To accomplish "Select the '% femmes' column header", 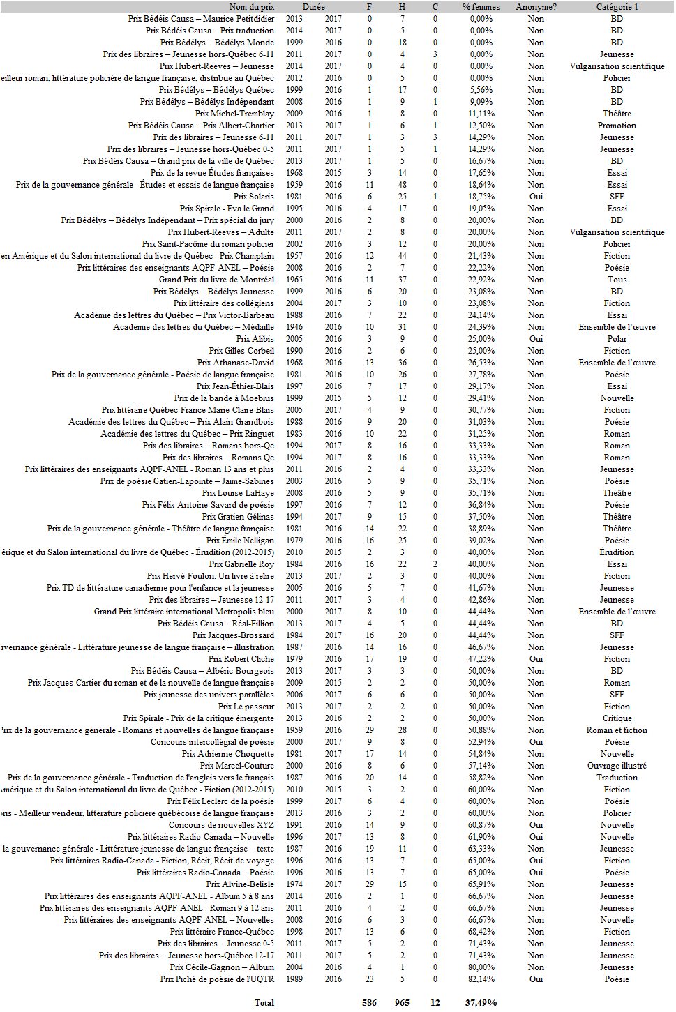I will point(481,7).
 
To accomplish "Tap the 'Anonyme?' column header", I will point(536,7).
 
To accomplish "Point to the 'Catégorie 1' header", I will point(617,7).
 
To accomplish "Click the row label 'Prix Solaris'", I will point(253,197).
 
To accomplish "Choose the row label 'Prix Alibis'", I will point(255,339).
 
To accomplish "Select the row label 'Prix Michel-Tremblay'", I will point(234,114).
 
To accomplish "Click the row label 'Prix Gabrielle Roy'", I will point(241,564).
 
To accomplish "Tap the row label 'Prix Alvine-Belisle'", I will point(240,884).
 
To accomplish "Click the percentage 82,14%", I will point(481,979).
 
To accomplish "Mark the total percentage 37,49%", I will point(481,1003).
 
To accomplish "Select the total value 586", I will point(369,1003).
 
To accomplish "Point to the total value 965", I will point(402,1003).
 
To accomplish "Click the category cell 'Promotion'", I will point(617,126).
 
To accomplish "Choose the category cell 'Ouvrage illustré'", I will point(617,766).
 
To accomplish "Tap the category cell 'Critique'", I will point(617,718).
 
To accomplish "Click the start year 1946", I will point(294,327).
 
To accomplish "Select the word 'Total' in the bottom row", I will point(264,1003).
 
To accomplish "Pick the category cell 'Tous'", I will point(617,280).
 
